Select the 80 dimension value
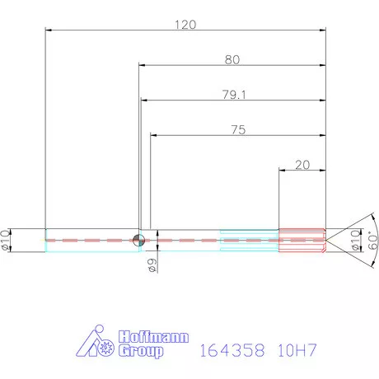pyautogui.click(x=232, y=59)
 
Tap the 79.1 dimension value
pyautogui.click(x=235, y=95)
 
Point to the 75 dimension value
pyautogui.click(x=239, y=130)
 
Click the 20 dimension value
pyautogui.click(x=302, y=165)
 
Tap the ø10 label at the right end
pyautogui.click(x=355, y=241)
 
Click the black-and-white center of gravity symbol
pyautogui.click(x=138, y=240)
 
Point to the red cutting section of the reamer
pyautogui.click(x=302, y=240)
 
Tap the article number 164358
pyautogui.click(x=232, y=350)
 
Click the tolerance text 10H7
pyautogui.click(x=298, y=350)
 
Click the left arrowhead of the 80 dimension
pyautogui.click(x=143, y=66)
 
